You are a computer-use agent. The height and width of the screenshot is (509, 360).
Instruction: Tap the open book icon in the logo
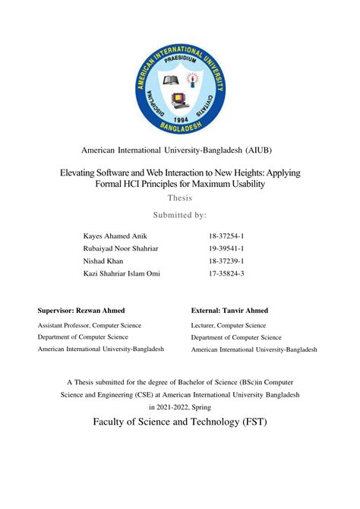pyautogui.click(x=169, y=80)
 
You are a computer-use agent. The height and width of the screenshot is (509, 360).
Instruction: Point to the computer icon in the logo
pyautogui.click(x=180, y=100)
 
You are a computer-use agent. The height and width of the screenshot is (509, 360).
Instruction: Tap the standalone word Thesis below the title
pyautogui.click(x=180, y=198)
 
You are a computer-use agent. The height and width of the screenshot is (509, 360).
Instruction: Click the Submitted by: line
pyautogui.click(x=180, y=215)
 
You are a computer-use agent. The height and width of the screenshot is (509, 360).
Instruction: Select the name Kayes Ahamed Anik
pyautogui.click(x=116, y=237)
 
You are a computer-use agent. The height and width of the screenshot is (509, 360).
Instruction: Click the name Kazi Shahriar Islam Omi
pyautogui.click(x=122, y=273)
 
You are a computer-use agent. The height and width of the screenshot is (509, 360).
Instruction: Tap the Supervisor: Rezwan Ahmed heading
pyautogui.click(x=81, y=311)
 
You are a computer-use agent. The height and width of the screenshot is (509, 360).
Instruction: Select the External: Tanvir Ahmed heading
pyautogui.click(x=229, y=311)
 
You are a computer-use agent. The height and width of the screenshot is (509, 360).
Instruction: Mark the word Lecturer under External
pyautogui.click(x=206, y=324)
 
